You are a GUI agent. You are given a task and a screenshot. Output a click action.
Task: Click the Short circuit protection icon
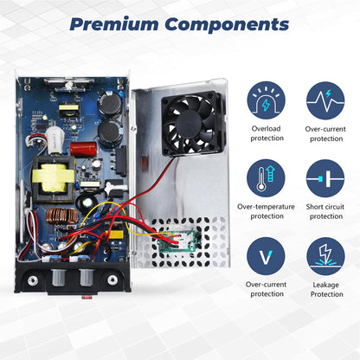coord(325,178)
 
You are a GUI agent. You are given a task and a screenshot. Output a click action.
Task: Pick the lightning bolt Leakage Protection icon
coord(325,256)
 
